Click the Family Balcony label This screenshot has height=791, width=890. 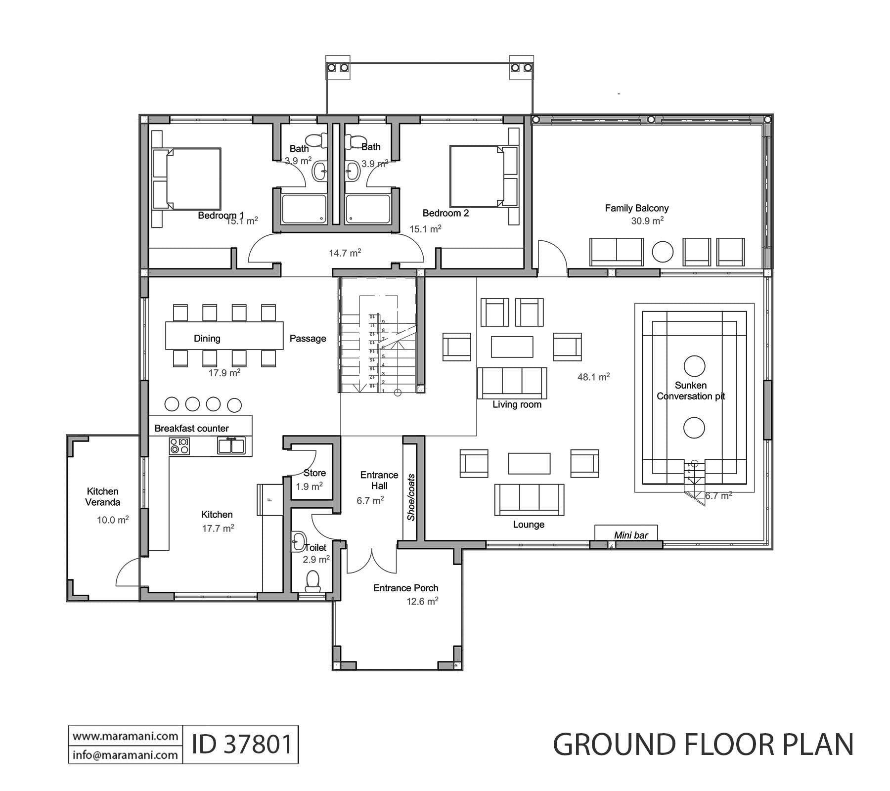(636, 208)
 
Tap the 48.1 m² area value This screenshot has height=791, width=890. (593, 377)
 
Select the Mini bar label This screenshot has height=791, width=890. (630, 535)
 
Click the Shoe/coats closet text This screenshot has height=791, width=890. (411, 497)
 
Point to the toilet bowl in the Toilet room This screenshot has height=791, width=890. (312, 580)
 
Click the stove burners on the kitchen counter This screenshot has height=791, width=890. (179, 445)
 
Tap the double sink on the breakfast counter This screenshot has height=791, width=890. (231, 445)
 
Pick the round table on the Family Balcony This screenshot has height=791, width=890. (663, 252)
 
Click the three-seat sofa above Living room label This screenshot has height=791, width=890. (512, 383)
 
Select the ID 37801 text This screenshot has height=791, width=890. (242, 744)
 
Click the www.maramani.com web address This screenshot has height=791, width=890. (126, 736)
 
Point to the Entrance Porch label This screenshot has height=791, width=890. (405, 588)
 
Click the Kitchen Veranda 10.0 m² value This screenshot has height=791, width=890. (113, 520)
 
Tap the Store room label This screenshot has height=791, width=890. (314, 473)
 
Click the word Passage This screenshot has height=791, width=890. (308, 339)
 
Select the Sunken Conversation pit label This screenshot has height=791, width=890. (691, 391)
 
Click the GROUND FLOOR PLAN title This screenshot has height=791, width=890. (703, 745)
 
